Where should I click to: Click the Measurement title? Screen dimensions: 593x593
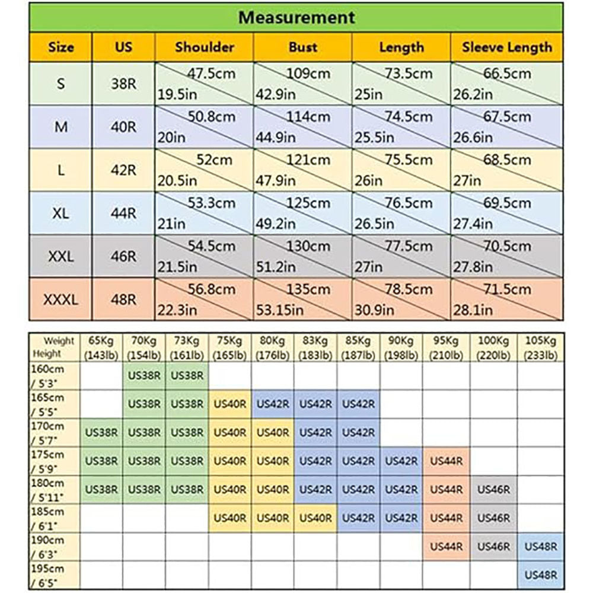tap(296, 17)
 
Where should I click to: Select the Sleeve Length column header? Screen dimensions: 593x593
tap(506, 47)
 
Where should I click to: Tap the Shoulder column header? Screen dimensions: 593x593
tap(204, 47)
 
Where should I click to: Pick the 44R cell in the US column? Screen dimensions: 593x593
tap(123, 213)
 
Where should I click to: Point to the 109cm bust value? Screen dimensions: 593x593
tap(308, 74)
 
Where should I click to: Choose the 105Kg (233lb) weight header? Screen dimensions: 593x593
tap(540, 348)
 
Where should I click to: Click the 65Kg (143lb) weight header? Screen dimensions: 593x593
tap(101, 348)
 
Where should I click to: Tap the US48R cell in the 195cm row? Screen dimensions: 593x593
tap(540, 575)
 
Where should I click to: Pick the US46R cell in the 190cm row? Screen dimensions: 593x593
tap(493, 546)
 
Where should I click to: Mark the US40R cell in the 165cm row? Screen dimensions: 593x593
tap(230, 404)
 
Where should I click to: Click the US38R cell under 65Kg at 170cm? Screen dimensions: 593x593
tap(101, 433)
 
